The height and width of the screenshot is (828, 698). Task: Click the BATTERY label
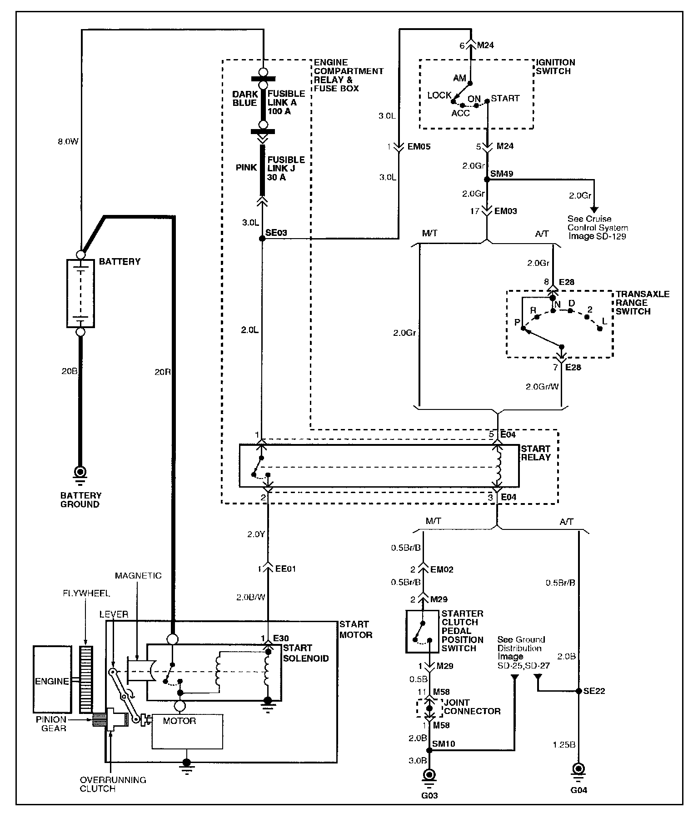(x=120, y=262)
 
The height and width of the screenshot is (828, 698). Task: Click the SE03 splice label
(x=276, y=233)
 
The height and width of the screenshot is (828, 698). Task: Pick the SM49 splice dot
(x=487, y=180)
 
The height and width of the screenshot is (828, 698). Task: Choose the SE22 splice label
(x=594, y=691)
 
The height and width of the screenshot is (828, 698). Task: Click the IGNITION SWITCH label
(x=556, y=67)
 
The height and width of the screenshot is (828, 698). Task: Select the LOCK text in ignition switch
(x=439, y=95)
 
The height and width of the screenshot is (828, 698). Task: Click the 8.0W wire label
(x=68, y=142)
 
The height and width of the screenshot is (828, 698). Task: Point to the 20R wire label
(x=163, y=372)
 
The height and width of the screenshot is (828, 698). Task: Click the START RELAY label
(x=536, y=453)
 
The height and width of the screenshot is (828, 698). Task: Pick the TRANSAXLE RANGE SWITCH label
(x=643, y=303)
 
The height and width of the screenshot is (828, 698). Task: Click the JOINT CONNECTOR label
(x=472, y=707)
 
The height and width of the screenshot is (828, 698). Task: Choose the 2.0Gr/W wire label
(x=542, y=387)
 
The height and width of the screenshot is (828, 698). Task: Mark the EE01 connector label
(x=286, y=569)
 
